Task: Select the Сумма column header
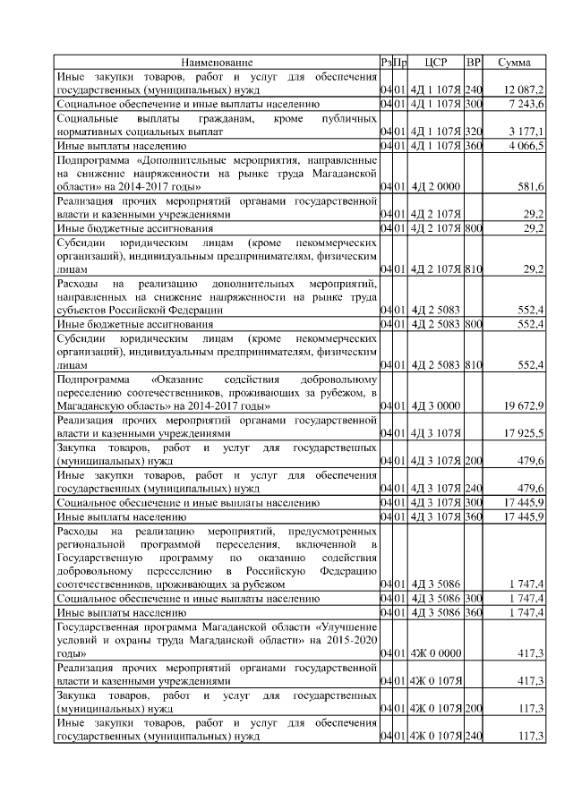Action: coord(514,63)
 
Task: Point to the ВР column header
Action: coord(474,63)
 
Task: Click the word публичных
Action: coord(346,118)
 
